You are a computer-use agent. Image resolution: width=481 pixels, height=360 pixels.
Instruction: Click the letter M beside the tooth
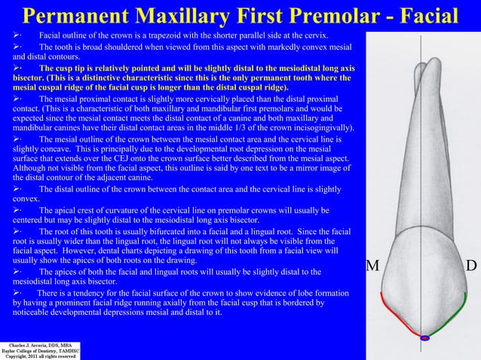point(371,266)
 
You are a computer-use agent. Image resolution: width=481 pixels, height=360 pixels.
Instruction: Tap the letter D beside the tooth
point(471,266)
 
